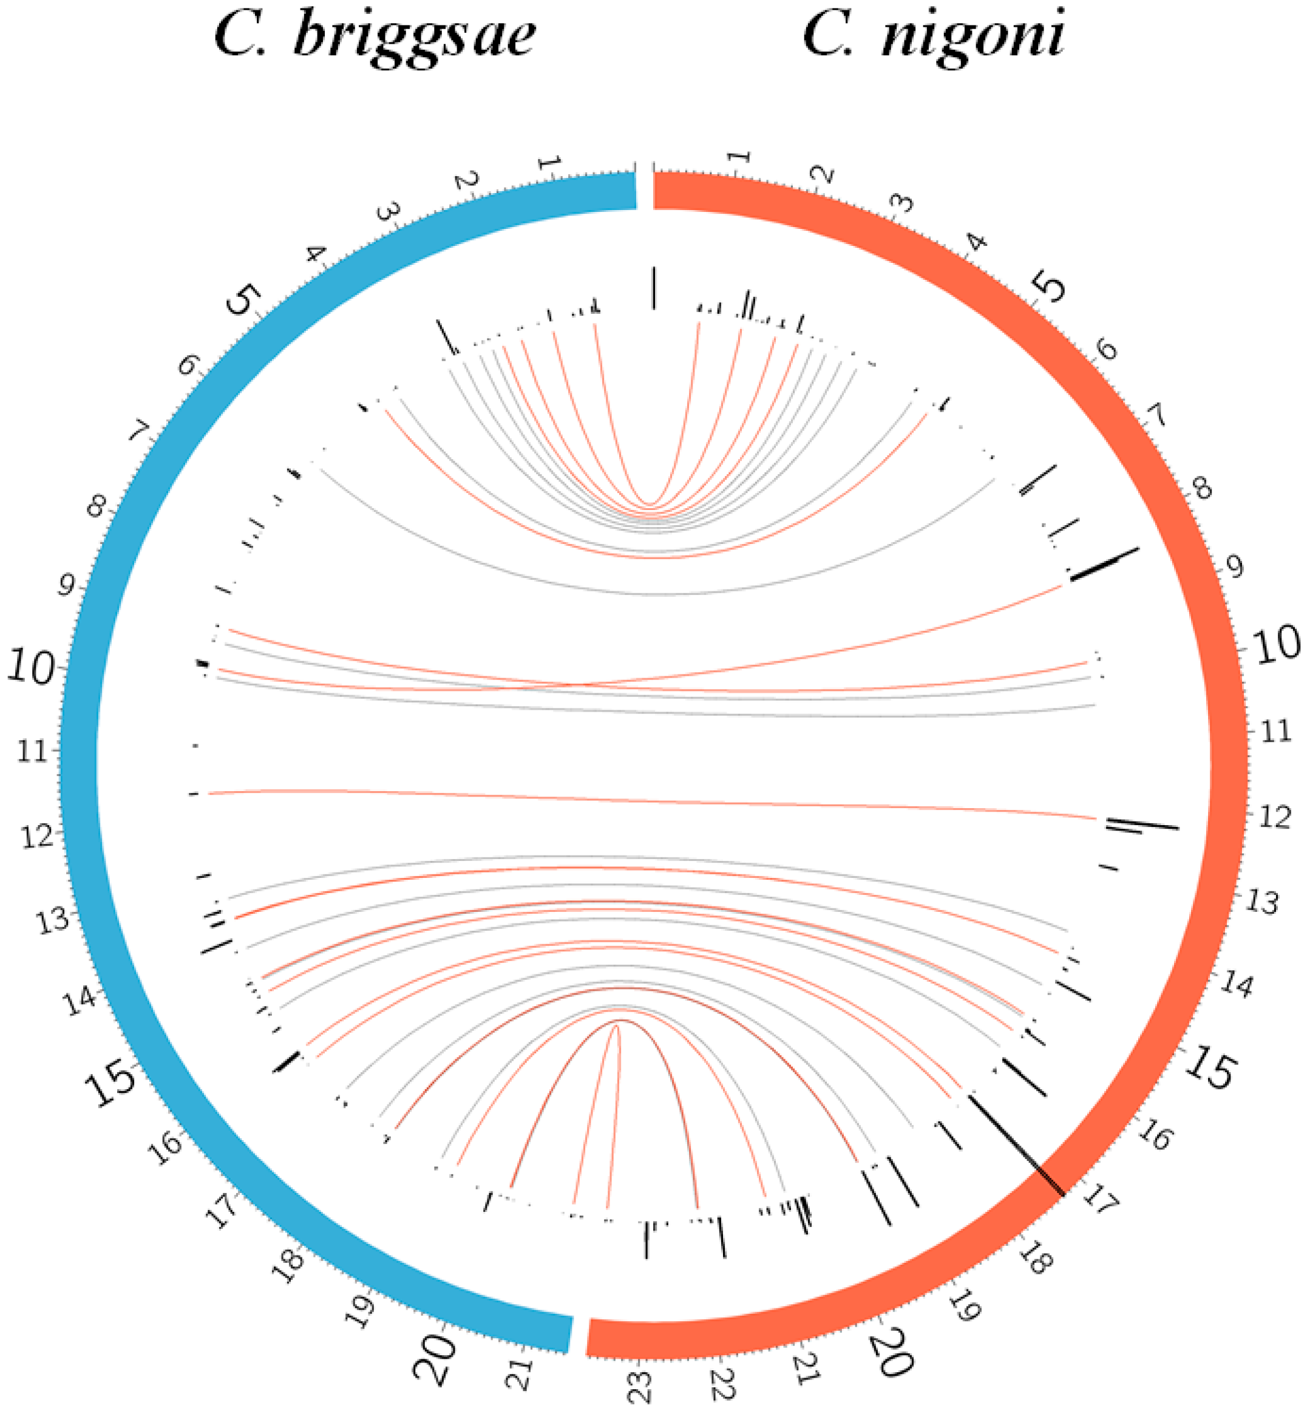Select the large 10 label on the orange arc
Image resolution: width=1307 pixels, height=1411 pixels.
pyautogui.click(x=1276, y=645)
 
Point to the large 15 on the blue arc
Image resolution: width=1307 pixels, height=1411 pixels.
pyautogui.click(x=111, y=1080)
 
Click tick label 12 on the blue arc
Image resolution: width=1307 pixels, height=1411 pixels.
pyautogui.click(x=38, y=837)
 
